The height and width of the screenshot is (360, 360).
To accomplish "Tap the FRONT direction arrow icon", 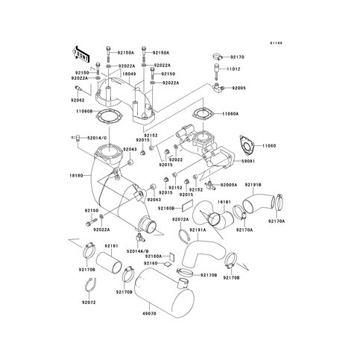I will coord(80,54).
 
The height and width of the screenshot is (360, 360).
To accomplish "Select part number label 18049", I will coord(127,75).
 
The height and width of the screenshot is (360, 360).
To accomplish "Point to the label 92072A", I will coord(180,220).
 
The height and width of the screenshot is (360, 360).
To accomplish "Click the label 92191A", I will coord(197,230).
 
